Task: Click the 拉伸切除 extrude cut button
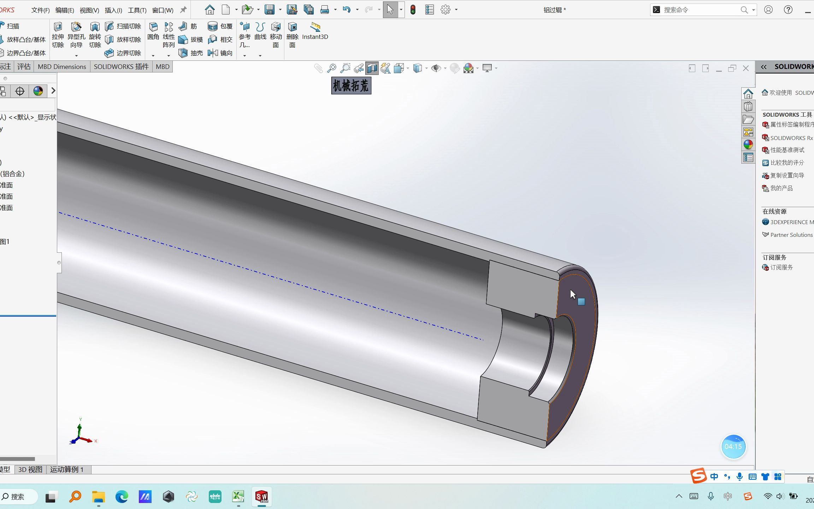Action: [x=58, y=35]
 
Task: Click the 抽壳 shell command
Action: [x=191, y=53]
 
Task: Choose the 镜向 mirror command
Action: [x=220, y=53]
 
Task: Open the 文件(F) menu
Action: [x=40, y=10]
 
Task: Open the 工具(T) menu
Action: [x=137, y=10]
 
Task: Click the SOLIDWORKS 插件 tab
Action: [x=121, y=66]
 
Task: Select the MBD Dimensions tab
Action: [x=62, y=66]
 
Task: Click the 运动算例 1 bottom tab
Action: [x=67, y=469]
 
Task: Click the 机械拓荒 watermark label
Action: [x=351, y=86]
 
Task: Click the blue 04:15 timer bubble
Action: [x=733, y=446]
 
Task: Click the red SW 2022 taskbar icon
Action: [x=262, y=497]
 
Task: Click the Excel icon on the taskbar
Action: [x=238, y=497]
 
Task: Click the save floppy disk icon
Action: [x=270, y=10]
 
